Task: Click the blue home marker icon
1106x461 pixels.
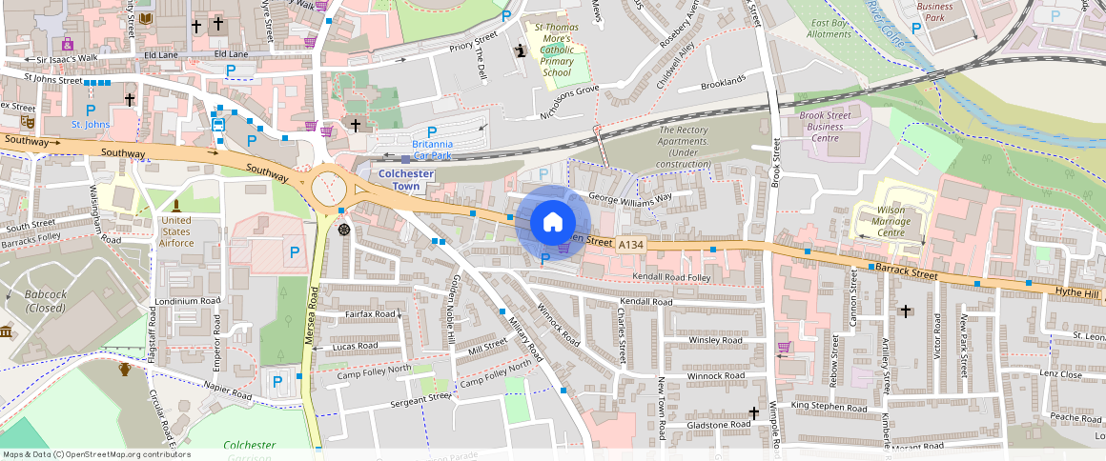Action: click(552, 223)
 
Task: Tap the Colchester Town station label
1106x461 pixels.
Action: click(407, 180)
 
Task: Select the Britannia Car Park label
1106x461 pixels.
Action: click(432, 149)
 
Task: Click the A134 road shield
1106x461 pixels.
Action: click(630, 245)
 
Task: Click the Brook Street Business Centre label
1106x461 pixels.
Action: click(826, 126)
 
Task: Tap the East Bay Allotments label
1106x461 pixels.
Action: click(829, 28)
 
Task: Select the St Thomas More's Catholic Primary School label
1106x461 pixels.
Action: click(556, 50)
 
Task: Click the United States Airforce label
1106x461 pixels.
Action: click(176, 231)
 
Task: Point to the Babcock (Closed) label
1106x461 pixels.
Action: click(46, 301)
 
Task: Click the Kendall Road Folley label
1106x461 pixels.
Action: click(672, 277)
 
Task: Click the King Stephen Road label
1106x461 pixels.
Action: click(829, 407)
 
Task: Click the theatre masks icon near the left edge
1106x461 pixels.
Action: click(27, 122)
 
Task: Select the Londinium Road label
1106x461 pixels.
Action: click(188, 301)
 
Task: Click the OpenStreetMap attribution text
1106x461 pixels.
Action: click(95, 454)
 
